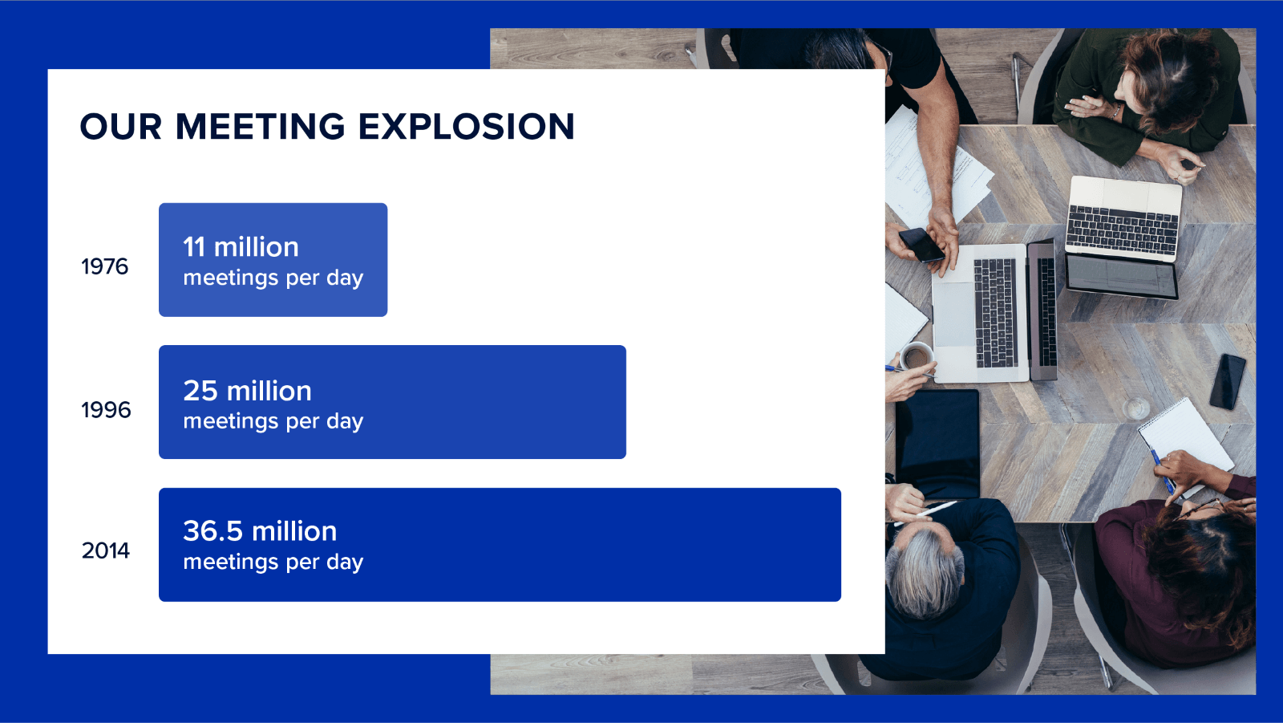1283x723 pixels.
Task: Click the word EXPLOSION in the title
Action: tap(466, 127)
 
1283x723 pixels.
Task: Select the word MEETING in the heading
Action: tap(260, 127)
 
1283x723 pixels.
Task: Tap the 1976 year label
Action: tap(104, 266)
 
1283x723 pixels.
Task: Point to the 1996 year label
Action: tap(106, 410)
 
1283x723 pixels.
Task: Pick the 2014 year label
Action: tap(105, 550)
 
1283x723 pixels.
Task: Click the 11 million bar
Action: tap(273, 260)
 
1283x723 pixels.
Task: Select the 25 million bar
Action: tap(392, 402)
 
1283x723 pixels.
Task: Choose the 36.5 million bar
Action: tap(500, 545)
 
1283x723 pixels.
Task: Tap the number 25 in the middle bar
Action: tap(200, 391)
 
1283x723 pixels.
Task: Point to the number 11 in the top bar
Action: tap(193, 247)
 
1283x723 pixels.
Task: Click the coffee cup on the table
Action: tap(916, 356)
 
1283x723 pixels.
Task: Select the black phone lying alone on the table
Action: tap(1228, 382)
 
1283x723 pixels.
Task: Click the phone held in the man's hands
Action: tap(921, 246)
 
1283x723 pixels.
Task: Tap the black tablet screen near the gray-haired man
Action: tap(937, 445)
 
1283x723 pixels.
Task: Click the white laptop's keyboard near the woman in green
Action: tap(1122, 230)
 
